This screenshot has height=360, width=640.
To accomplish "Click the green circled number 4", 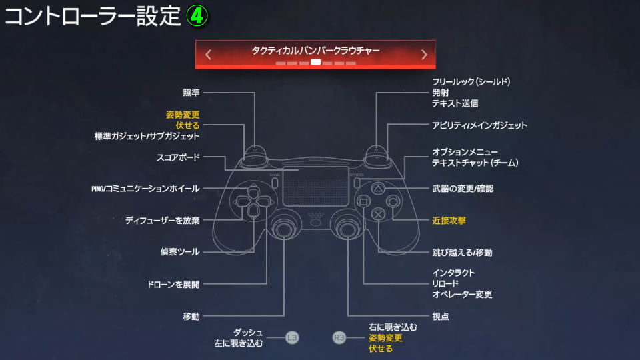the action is [197, 16].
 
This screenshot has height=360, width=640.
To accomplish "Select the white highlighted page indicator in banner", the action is [315, 63].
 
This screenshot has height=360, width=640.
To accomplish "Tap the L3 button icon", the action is [292, 337].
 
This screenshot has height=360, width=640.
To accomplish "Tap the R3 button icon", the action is [339, 337].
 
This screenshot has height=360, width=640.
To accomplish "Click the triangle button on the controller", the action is [378, 189].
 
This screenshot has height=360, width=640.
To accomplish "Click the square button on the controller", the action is [363, 201].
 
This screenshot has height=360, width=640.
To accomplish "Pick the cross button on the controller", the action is [379, 213].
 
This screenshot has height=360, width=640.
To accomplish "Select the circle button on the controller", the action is [393, 201].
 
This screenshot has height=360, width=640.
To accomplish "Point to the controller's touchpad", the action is [315, 186].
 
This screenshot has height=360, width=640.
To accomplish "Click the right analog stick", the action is [347, 229].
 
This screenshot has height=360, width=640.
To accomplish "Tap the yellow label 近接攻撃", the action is [449, 221].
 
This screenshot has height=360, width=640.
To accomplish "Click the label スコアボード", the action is [179, 157].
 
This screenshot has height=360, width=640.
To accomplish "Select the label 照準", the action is [191, 93].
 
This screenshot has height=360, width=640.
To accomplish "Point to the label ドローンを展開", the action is [173, 285].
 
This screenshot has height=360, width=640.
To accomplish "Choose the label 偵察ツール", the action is [180, 252].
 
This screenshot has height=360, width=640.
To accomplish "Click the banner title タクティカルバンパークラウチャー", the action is [315, 51].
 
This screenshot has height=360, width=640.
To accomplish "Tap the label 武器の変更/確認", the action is [463, 189].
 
